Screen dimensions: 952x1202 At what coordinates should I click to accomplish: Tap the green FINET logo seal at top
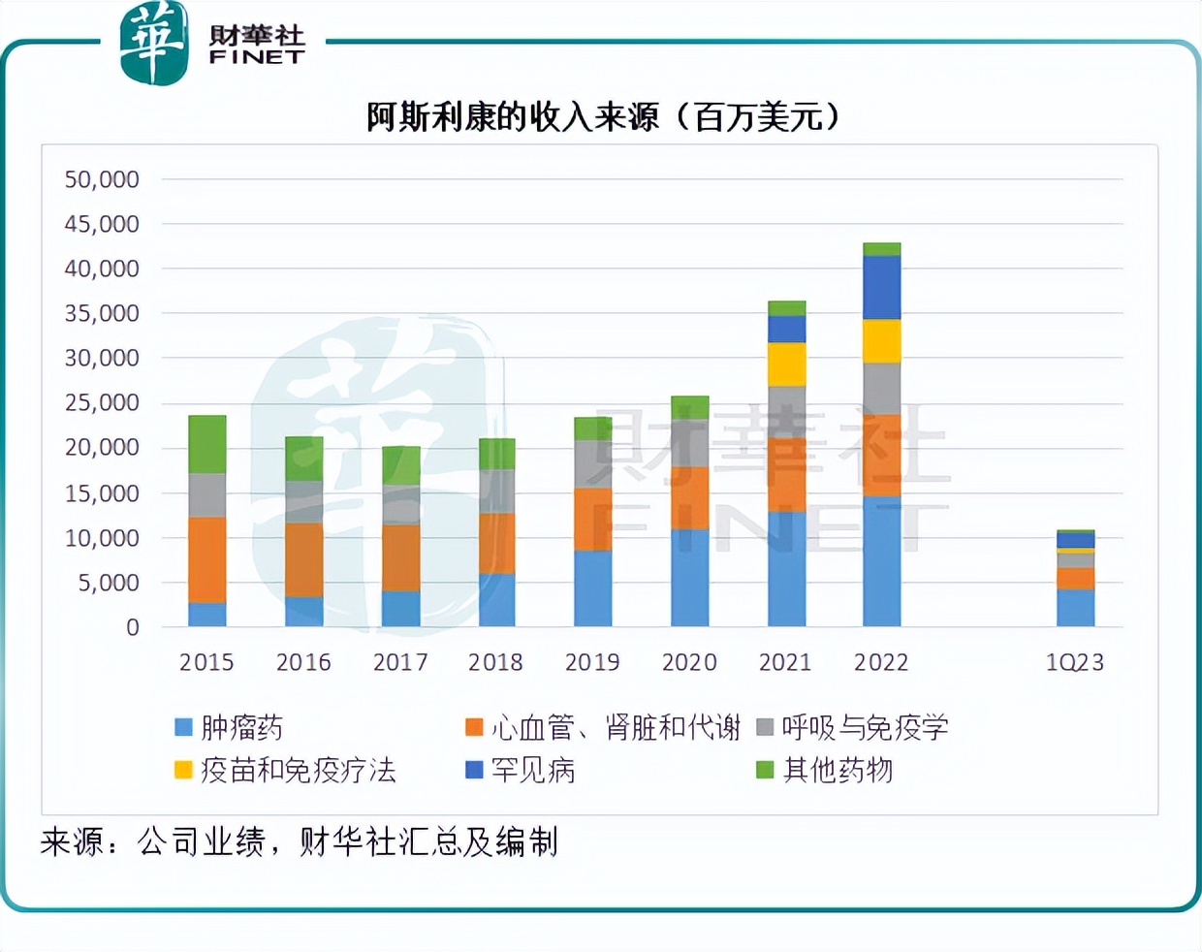click(153, 43)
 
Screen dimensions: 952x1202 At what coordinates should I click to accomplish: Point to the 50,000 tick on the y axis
click(102, 179)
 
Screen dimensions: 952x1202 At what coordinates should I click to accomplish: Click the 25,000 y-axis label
click(102, 402)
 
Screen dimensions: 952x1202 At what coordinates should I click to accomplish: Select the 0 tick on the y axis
click(133, 627)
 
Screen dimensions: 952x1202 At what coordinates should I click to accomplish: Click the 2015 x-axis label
click(206, 662)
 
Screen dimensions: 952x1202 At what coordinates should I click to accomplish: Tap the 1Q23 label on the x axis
click(1074, 662)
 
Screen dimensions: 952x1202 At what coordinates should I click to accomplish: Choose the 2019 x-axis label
click(592, 662)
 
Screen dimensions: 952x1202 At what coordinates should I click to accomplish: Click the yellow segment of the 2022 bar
click(881, 340)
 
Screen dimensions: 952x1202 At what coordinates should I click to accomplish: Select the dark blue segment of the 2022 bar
click(881, 287)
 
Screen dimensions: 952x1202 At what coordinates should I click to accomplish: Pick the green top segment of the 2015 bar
click(206, 444)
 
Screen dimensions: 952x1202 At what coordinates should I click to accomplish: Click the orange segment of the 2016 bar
click(303, 559)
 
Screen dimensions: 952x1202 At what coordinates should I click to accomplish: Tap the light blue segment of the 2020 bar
click(689, 577)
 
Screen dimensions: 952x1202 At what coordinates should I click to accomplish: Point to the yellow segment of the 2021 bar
click(786, 365)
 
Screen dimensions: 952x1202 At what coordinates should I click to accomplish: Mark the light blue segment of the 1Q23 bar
click(1075, 607)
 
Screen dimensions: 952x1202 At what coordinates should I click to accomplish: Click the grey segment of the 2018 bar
click(496, 492)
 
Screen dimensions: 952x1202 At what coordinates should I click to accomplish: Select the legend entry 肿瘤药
click(229, 727)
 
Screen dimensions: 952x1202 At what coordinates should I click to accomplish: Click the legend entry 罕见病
click(521, 770)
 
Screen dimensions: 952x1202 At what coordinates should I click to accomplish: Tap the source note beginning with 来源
click(299, 841)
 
